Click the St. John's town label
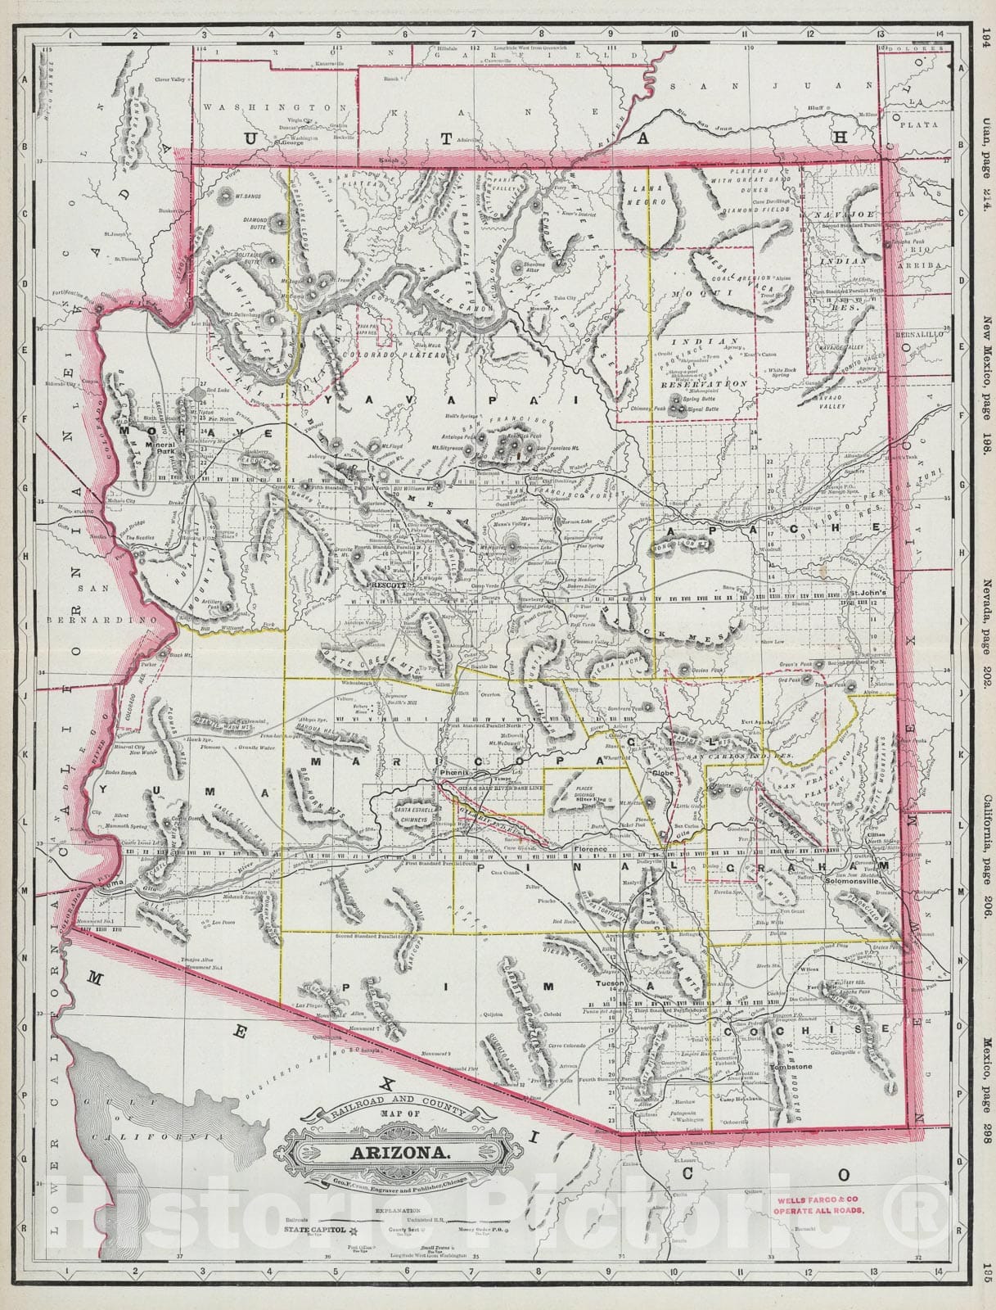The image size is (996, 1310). pos(868,593)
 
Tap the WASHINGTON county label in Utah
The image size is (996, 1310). pos(269,107)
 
